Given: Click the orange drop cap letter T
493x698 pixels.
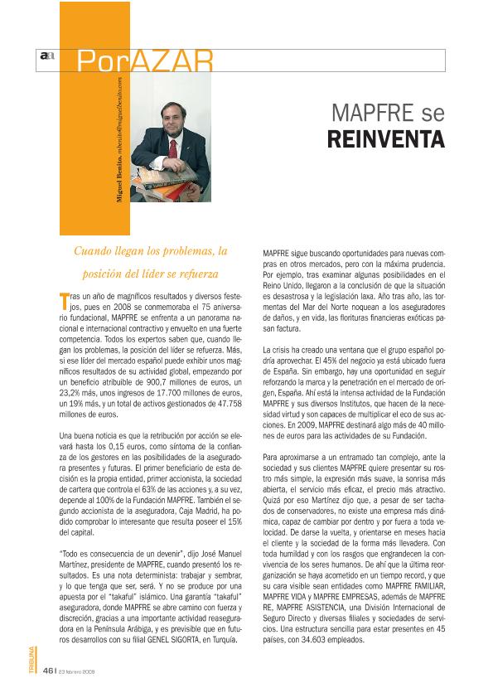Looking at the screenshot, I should [x=65, y=298].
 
